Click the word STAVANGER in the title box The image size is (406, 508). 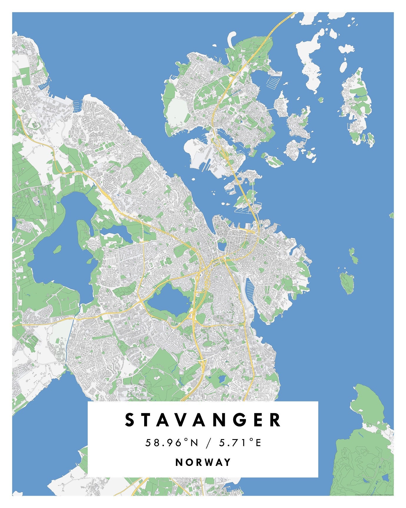203,420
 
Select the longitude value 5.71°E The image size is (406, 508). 240,443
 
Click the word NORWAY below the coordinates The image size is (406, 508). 203,462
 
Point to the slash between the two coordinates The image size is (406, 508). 208,443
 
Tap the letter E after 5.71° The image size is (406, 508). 258,443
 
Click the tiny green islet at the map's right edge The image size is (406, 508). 392,215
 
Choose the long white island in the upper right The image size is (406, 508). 309,62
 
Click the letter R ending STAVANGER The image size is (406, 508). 275,420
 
